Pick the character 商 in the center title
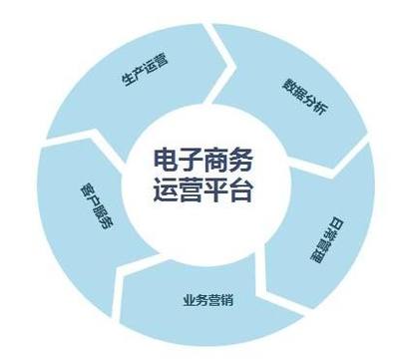click(225, 160)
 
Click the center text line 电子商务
click(210, 160)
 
